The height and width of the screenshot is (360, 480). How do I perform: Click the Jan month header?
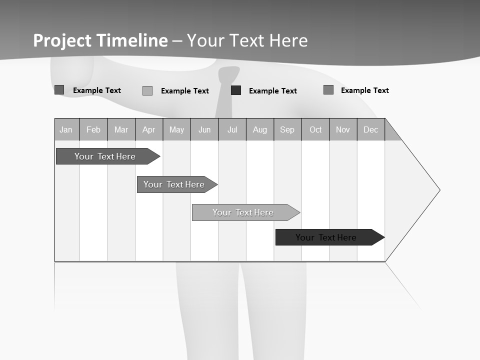(66, 130)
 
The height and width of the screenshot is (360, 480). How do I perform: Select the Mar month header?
(121, 130)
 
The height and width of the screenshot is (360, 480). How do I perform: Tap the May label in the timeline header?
(176, 130)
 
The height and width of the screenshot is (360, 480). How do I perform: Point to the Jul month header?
(232, 130)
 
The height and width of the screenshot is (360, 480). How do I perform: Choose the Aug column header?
(260, 130)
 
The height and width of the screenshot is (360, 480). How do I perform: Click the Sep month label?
(287, 130)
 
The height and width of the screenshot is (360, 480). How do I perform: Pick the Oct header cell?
(315, 130)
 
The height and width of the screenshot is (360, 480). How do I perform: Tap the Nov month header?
(343, 130)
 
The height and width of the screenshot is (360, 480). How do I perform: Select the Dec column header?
(371, 130)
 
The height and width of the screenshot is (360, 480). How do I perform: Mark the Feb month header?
(93, 130)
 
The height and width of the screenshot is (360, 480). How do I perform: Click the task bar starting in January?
(105, 156)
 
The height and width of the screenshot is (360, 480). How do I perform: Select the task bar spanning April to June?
(174, 184)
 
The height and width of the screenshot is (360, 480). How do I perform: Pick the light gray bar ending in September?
(243, 212)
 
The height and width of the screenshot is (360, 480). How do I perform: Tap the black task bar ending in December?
(326, 237)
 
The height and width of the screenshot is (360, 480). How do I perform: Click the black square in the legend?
(236, 90)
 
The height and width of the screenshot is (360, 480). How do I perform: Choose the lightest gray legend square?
(147, 90)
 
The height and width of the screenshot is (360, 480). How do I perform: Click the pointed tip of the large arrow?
(438, 190)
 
